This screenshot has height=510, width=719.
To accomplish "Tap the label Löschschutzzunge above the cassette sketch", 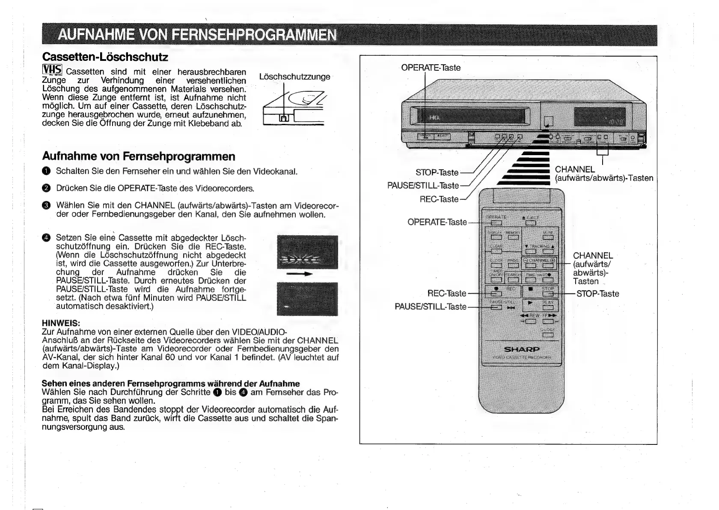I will [x=295, y=77].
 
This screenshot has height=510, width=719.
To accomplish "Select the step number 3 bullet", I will [x=46, y=206].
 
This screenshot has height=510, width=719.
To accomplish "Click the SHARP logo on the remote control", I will [x=522, y=349].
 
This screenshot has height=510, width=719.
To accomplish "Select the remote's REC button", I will [x=496, y=294].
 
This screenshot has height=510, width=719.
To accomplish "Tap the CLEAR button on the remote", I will [x=496, y=251].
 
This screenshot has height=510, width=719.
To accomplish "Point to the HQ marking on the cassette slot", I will [x=434, y=117].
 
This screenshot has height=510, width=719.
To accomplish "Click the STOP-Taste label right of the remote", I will [x=597, y=294].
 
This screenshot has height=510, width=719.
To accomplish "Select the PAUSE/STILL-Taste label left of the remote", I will [x=430, y=307].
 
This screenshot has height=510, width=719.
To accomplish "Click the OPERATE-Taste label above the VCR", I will [x=431, y=68].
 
